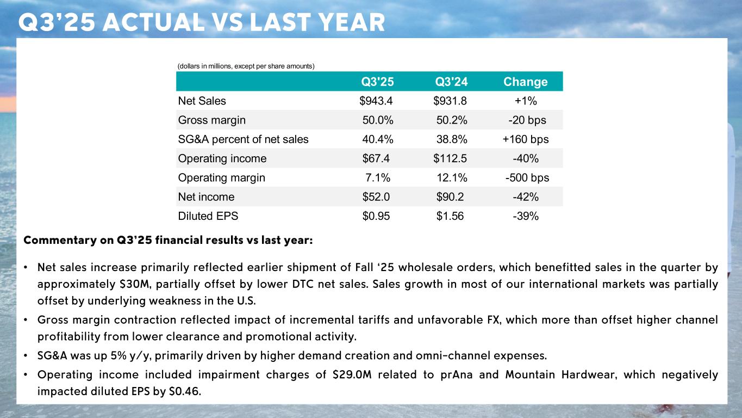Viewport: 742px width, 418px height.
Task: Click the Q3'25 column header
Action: [378, 82]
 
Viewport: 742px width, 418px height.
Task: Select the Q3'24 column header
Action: [452, 82]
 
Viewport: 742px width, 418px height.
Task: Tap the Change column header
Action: [525, 82]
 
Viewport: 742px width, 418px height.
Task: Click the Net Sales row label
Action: [202, 101]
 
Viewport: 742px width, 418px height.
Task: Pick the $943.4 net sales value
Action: [376, 101]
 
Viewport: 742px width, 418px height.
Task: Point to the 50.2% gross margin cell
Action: [452, 120]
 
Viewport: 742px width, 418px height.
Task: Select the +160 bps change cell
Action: [526, 139]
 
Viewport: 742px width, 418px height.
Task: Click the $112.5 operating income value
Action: [450, 158]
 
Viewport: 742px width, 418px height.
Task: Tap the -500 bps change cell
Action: [527, 177]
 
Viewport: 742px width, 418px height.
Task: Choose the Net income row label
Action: [206, 196]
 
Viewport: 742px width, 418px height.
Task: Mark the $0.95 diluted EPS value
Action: [376, 216]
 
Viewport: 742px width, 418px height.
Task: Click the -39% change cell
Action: [526, 216]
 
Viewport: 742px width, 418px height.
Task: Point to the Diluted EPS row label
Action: [208, 216]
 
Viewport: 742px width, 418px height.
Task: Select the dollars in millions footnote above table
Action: [246, 66]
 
